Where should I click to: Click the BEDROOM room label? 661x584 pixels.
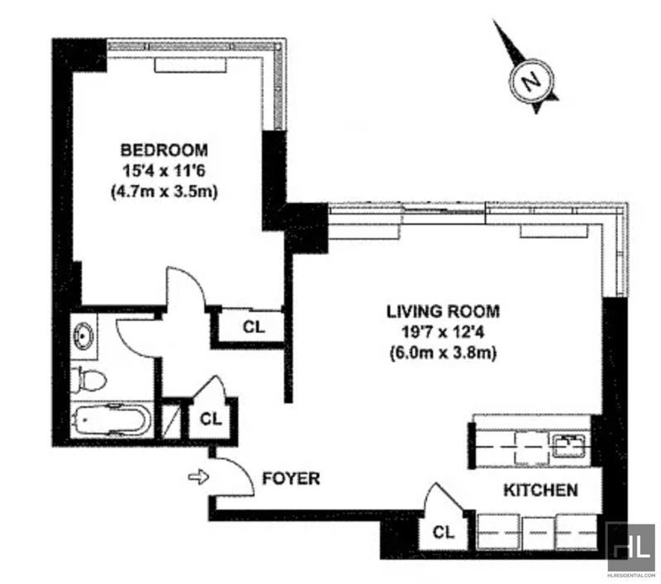[164, 150]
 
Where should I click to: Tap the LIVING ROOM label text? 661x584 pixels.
[443, 311]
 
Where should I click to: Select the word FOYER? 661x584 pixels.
[291, 478]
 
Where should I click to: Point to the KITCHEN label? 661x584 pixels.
[541, 490]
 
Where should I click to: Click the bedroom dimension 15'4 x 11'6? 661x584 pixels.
[164, 171]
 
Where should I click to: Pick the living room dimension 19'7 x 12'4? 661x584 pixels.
[443, 332]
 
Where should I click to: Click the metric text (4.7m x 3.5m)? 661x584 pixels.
[164, 192]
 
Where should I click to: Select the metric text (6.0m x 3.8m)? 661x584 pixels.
[443, 353]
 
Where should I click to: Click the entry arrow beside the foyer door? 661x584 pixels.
[198, 477]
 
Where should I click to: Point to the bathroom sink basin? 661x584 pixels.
[83, 336]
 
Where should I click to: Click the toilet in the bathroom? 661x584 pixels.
[88, 380]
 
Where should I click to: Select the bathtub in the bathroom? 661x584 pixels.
[111, 420]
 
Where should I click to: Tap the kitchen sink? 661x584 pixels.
[568, 446]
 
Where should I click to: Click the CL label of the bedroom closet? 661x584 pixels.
[254, 327]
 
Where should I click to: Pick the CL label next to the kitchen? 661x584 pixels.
[444, 533]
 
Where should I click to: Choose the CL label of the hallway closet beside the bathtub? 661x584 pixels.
[211, 419]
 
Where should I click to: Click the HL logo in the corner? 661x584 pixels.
[630, 548]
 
